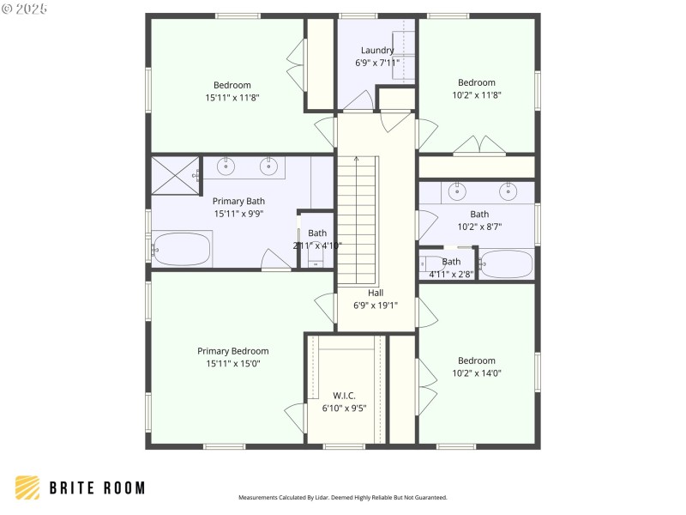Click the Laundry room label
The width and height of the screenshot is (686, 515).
[x=377, y=50]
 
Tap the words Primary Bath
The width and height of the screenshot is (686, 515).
[x=238, y=201]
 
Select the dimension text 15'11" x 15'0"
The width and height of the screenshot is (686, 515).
[x=232, y=364]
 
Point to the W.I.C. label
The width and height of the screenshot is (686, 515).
[x=345, y=396]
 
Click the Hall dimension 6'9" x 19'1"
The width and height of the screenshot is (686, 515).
[x=376, y=305]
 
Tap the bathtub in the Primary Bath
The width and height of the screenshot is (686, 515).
[x=182, y=250]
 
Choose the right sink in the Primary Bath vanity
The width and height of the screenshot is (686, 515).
[x=268, y=166]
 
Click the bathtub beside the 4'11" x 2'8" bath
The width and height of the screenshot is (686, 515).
[x=506, y=264]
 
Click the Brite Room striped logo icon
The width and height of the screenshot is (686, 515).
[x=27, y=488]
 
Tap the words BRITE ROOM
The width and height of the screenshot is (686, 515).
[x=96, y=488]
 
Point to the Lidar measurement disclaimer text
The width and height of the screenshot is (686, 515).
[x=342, y=498]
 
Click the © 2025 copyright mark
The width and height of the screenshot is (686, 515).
[x=25, y=8]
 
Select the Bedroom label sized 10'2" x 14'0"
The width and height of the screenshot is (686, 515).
[x=476, y=360]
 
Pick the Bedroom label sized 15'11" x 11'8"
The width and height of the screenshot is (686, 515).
[x=232, y=85]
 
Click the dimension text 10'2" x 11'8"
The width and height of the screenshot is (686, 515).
[x=476, y=95]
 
